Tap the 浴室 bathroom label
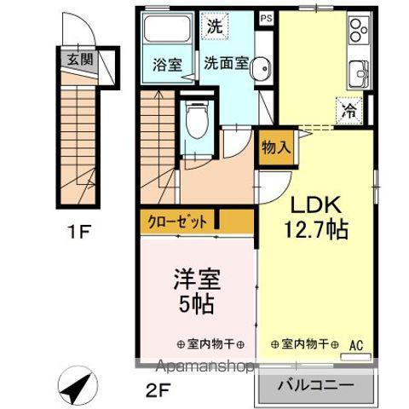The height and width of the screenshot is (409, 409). [166, 64]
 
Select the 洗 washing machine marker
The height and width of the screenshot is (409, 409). [215, 26]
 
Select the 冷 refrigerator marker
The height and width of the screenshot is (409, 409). [349, 109]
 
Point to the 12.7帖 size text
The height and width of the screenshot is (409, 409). [316, 229]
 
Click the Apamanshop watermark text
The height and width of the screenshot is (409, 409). [203, 368]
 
